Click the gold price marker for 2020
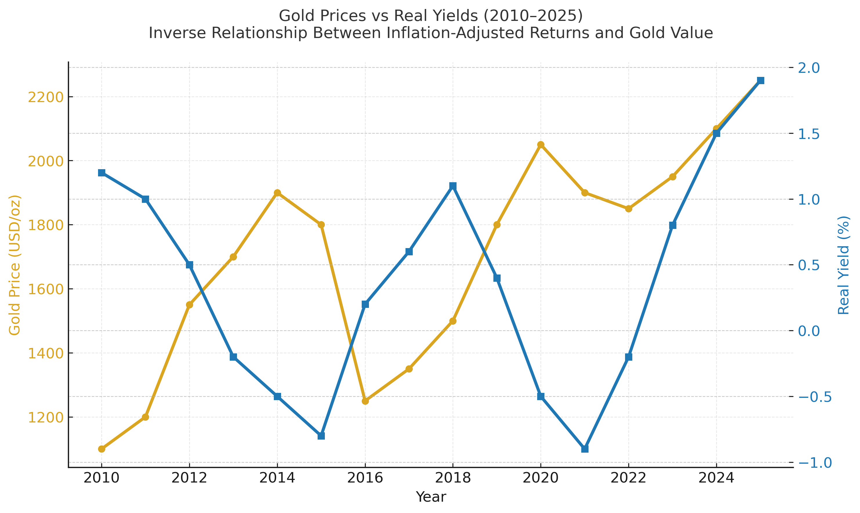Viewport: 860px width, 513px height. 541,144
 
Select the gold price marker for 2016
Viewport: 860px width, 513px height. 365,401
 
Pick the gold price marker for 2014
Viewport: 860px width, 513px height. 277,193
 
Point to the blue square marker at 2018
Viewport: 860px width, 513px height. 453,186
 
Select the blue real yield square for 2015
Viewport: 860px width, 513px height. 321,436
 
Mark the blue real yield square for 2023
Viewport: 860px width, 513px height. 672,225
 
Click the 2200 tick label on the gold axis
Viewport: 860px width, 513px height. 46,97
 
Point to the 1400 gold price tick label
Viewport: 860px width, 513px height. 46,354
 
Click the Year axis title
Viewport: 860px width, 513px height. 431,497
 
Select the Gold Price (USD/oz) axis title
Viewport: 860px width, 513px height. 15,265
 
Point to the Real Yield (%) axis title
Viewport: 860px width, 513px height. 843,265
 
